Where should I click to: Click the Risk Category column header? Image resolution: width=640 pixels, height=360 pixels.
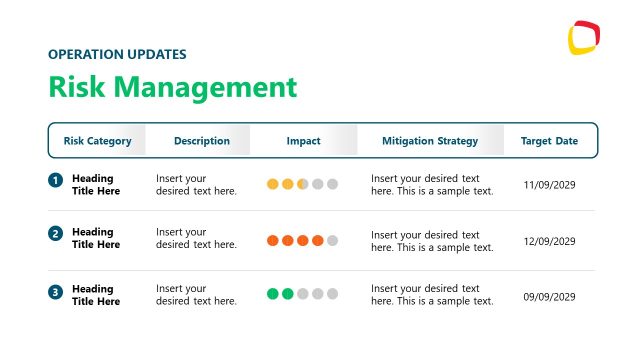[x=97, y=141]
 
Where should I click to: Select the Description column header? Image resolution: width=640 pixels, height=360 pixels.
[x=201, y=141]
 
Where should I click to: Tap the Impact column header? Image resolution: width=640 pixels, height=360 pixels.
[x=303, y=141]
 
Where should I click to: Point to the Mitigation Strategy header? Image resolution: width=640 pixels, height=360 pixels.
[x=430, y=141]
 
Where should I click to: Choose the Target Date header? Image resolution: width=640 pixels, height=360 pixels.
[x=549, y=141]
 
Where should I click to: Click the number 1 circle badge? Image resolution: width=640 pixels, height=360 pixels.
[x=55, y=181]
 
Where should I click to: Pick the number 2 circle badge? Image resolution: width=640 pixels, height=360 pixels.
[x=55, y=234]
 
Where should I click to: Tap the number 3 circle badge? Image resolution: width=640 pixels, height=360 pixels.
[x=55, y=292]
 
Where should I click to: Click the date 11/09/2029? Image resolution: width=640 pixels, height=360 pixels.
[x=550, y=185]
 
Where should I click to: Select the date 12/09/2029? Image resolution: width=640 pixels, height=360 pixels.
[x=550, y=241]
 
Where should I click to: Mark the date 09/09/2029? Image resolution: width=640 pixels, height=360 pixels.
[x=550, y=297]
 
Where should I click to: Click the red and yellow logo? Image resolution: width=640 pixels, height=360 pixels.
[x=583, y=38]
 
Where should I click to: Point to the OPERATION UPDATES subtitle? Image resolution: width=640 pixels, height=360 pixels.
[x=117, y=54]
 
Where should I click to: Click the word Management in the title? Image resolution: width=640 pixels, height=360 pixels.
[x=213, y=87]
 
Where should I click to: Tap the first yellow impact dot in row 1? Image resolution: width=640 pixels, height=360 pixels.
[x=273, y=184]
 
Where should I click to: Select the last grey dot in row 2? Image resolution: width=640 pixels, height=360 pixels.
[x=333, y=241]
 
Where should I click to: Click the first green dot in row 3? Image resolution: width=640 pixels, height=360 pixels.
[x=273, y=294]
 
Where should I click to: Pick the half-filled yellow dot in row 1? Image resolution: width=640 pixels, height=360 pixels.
[x=303, y=184]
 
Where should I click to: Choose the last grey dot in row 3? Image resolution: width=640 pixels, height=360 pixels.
[x=333, y=294]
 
